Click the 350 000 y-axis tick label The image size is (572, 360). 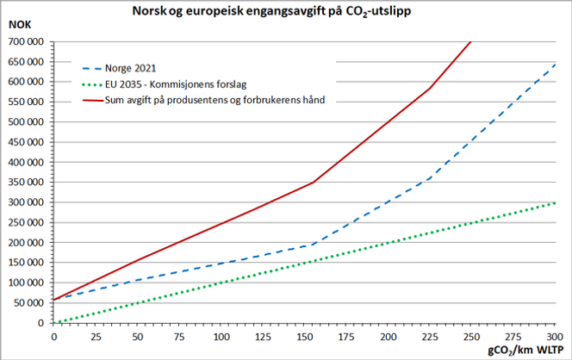pos(27,182)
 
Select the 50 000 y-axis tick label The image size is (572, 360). pos(29,303)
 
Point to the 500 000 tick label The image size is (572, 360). pos(27,121)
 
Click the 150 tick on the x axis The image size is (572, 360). pos(304,336)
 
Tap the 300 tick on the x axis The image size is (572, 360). pos(556,336)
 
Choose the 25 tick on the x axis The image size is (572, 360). pos(95,336)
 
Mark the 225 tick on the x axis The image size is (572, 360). pos(430,336)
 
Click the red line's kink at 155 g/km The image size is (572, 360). pos(314,182)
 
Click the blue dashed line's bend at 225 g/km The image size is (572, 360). pos(430,178)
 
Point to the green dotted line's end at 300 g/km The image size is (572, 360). pos(556,202)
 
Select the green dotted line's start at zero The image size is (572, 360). pos(53,323)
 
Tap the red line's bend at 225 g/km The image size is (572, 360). pos(430,88)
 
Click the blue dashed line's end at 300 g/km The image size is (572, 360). pos(556,63)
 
